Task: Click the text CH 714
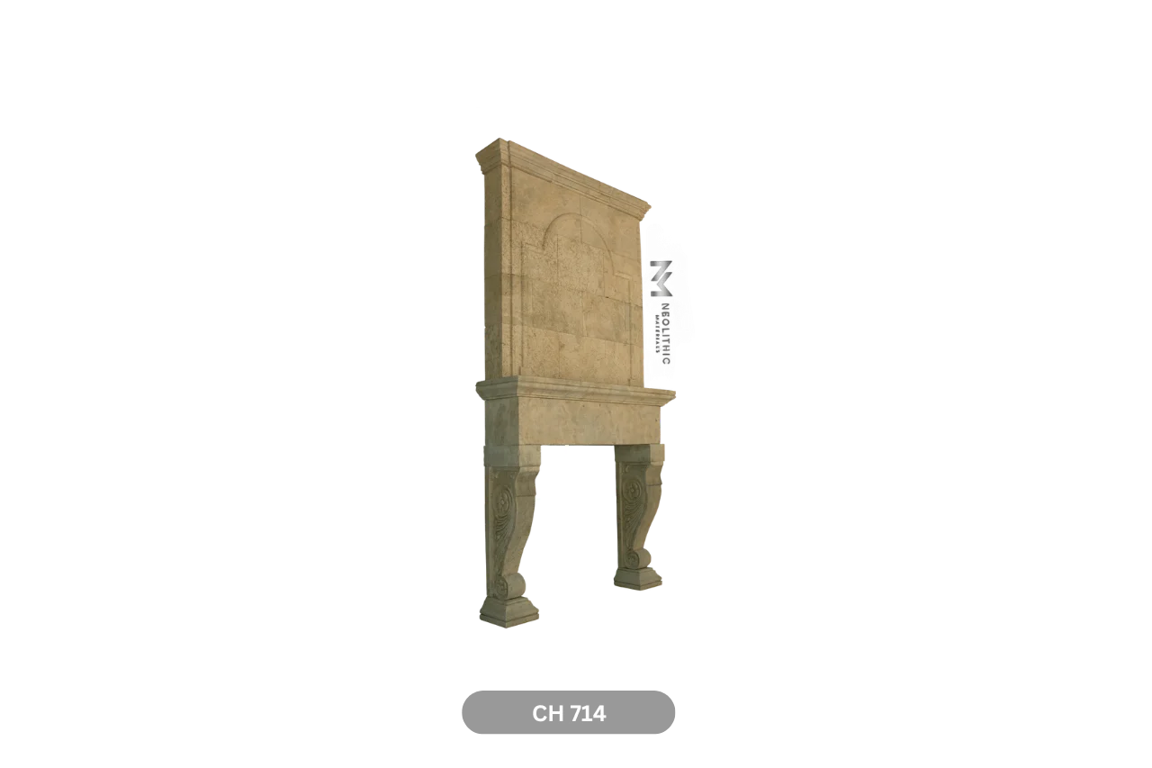pos(569,714)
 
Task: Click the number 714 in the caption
pos(587,714)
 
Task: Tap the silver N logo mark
pos(661,278)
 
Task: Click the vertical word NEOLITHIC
pos(665,333)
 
